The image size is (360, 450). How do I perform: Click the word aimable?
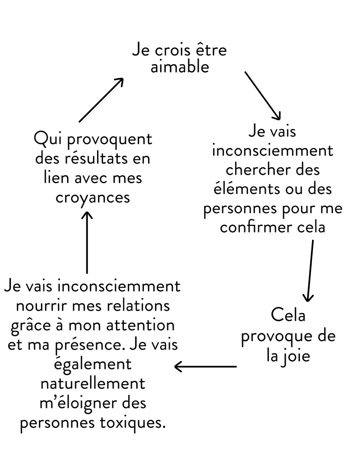tap(180, 67)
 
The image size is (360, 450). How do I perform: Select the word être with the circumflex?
tap(212, 49)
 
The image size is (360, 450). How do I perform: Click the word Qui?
tap(48, 138)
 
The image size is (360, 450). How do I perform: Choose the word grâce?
tap(31, 325)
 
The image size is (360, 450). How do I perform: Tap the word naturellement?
tap(93, 384)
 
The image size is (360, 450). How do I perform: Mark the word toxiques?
tap(133, 424)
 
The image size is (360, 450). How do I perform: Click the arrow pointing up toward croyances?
tap(87, 243)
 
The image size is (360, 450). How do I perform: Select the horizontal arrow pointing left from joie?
tap(205, 367)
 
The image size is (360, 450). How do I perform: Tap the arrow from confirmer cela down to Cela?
tap(310, 271)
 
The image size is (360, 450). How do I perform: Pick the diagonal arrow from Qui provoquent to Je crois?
tap(101, 100)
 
